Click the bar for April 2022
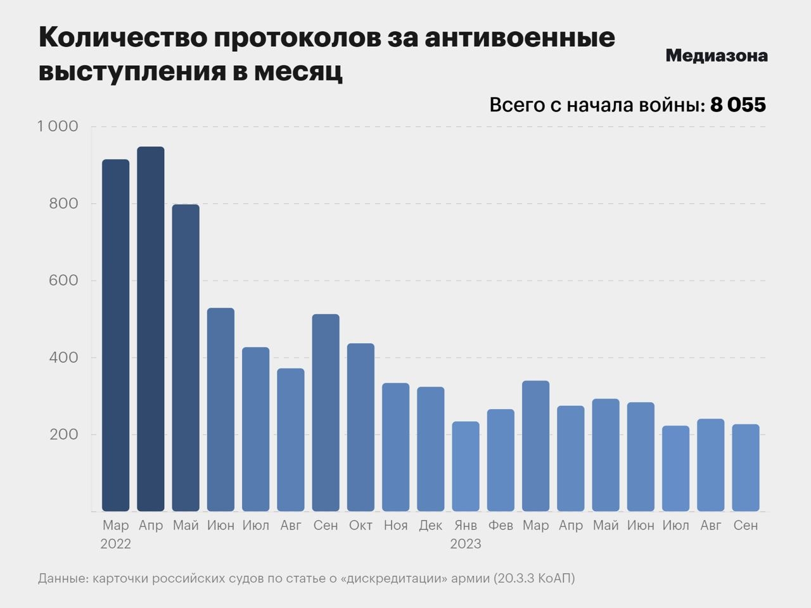(x=151, y=329)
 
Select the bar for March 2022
(x=116, y=336)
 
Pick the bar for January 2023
(x=466, y=467)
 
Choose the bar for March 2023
(x=535, y=446)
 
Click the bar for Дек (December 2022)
(x=431, y=450)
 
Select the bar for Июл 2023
(x=675, y=469)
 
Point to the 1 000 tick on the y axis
(x=58, y=127)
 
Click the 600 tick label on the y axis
(x=63, y=281)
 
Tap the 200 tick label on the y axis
(x=63, y=435)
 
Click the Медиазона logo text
(x=716, y=56)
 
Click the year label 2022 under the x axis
(x=116, y=544)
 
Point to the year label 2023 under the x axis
(x=466, y=544)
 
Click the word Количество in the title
(x=121, y=38)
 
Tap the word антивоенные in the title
(x=519, y=38)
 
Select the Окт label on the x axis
(x=361, y=526)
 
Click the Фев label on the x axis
(x=501, y=526)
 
